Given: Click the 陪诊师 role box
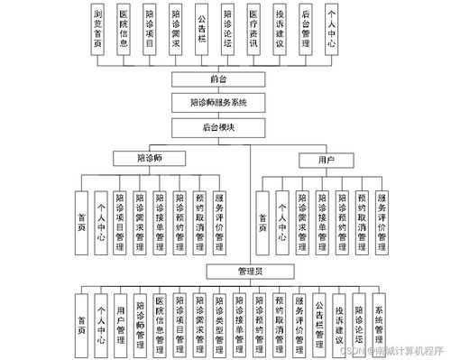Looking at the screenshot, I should coord(149,158).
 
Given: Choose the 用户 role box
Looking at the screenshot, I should coord(327,160).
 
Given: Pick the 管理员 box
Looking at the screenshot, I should coord(248,270).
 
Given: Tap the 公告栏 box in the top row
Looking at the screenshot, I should coord(201,29).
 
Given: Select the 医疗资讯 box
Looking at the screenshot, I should coord(253,29).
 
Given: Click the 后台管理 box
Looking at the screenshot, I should coord(306,29).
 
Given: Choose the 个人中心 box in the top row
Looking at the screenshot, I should coord(332,29).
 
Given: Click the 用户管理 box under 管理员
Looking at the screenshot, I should coord(121,320).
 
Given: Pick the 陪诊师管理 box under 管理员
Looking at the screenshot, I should coord(141,320).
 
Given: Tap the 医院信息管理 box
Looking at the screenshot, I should coord(161,320).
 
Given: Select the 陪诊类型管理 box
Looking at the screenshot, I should coord(220,320).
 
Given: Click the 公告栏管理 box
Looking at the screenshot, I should coord(319,320).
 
